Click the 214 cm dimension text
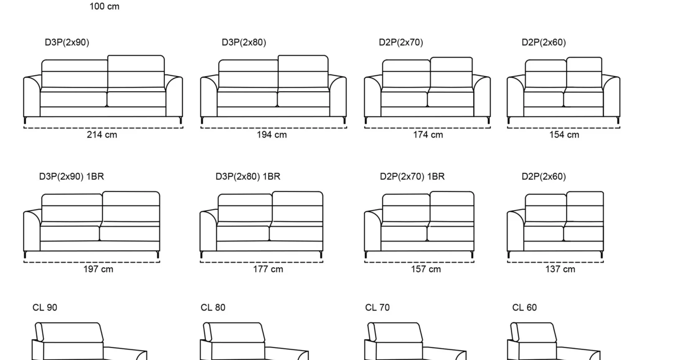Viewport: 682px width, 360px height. pyautogui.click(x=102, y=135)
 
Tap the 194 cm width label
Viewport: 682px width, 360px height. pyautogui.click(x=272, y=135)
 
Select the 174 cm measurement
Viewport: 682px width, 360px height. pyautogui.click(x=428, y=135)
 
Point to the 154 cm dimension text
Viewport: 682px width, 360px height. pyautogui.click(x=564, y=135)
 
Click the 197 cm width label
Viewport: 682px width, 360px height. pyautogui.click(x=98, y=269)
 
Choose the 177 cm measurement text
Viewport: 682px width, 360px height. pyautogui.click(x=268, y=269)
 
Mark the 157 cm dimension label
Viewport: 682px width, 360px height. pyautogui.click(x=426, y=269)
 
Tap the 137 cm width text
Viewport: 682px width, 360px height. pyautogui.click(x=560, y=269)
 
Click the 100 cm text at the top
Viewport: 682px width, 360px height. pyautogui.click(x=105, y=6)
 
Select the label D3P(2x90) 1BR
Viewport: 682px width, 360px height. pyautogui.click(x=72, y=177)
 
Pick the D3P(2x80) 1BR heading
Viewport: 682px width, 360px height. pyautogui.click(x=248, y=177)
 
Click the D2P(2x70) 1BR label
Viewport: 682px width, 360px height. pyautogui.click(x=412, y=177)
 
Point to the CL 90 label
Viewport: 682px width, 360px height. pyautogui.click(x=45, y=308)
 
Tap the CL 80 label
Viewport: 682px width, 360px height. pyautogui.click(x=213, y=308)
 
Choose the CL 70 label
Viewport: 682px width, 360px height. pyautogui.click(x=377, y=308)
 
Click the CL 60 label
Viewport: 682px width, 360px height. pyautogui.click(x=525, y=308)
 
